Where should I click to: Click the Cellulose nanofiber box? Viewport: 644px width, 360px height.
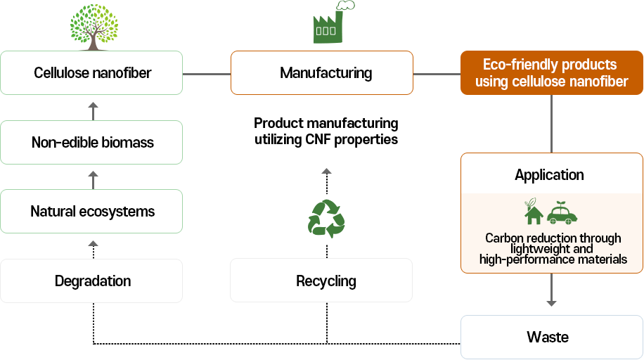pos(92,72)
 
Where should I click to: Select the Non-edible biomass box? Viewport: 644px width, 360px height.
pos(92,142)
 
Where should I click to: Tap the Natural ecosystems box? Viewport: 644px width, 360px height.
pos(92,211)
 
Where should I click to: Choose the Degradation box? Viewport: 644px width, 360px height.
pos(92,281)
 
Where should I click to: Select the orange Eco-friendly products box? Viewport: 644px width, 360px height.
pos(551,72)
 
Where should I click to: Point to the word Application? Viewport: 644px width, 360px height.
pos(549,174)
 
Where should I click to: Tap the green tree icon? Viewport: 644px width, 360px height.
pos(93,26)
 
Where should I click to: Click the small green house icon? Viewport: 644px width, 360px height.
pos(534,212)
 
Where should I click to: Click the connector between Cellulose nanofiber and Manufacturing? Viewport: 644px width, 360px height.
pos(207,73)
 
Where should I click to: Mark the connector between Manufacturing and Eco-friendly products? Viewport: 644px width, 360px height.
pos(436,73)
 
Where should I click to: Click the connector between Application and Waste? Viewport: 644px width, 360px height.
pos(552,290)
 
